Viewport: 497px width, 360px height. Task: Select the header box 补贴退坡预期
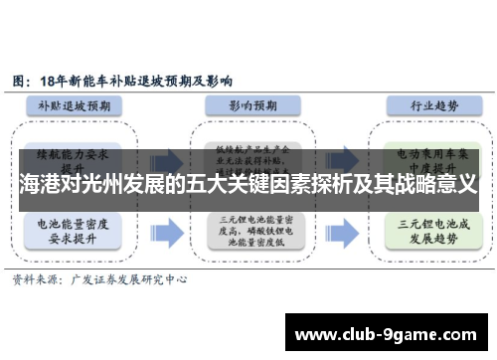tap(81, 104)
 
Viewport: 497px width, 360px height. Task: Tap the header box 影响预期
tap(249, 104)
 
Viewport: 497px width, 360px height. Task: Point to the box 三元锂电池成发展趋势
tap(419, 234)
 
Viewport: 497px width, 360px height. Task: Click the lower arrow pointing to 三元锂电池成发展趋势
tap(335, 234)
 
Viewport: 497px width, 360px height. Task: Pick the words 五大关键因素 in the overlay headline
tap(251, 186)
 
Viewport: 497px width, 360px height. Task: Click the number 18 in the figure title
tap(50, 79)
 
